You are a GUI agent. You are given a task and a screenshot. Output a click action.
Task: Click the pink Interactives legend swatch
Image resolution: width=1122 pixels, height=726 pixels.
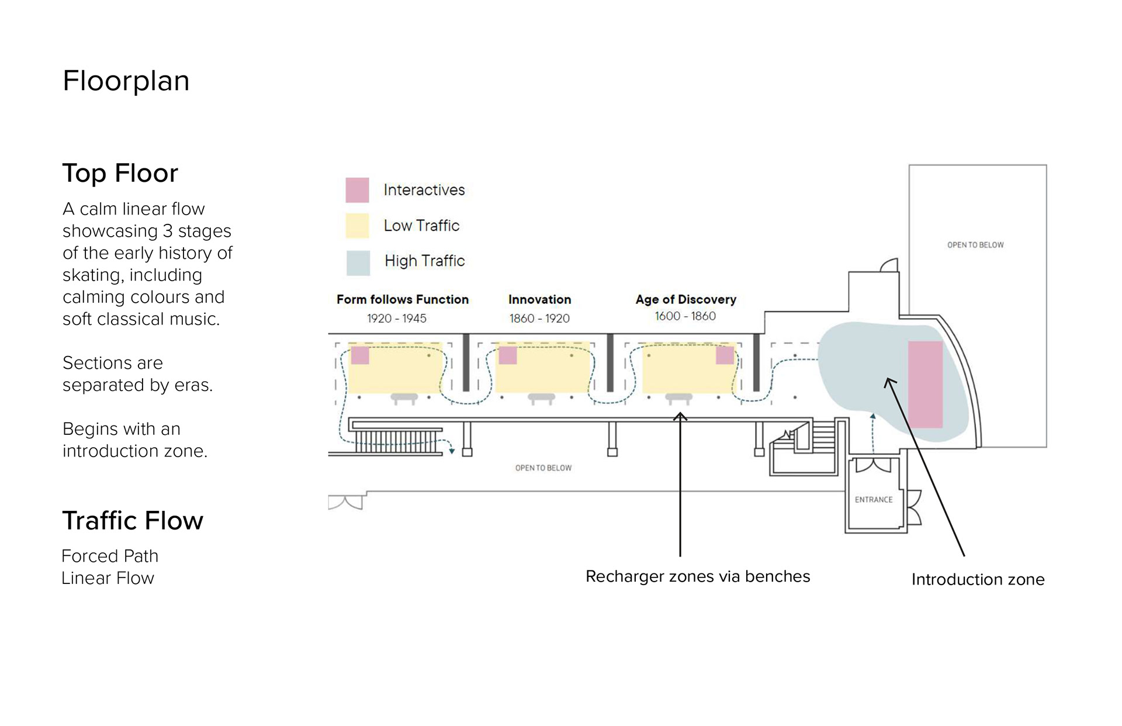(357, 190)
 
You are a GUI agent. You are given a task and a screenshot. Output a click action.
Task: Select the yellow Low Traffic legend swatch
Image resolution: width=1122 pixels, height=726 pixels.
(357, 226)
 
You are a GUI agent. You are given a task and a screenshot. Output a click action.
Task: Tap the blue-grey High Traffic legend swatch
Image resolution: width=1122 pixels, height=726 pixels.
(358, 263)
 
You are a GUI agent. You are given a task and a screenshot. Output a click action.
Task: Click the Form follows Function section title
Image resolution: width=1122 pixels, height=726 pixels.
(403, 299)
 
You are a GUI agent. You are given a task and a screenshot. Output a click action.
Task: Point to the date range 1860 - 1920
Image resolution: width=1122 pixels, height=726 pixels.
(539, 319)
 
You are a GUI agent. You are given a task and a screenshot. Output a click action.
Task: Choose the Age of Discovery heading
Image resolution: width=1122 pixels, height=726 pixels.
(686, 299)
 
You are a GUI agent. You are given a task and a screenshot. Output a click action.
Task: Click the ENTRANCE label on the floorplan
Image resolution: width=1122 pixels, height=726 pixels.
(874, 500)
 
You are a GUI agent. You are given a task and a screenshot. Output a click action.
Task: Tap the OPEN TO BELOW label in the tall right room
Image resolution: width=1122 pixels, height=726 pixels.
(975, 245)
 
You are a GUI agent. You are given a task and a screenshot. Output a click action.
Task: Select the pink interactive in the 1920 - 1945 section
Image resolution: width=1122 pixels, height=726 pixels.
(360, 355)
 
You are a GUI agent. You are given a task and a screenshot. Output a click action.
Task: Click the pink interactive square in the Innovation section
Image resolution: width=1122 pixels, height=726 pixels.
(508, 355)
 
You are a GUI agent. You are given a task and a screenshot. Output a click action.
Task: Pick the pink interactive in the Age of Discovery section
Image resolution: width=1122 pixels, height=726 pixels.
(725, 355)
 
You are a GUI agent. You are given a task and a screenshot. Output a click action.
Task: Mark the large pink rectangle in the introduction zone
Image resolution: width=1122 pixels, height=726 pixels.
(925, 385)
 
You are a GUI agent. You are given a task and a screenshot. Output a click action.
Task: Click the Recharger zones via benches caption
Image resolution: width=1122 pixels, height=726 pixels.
(698, 576)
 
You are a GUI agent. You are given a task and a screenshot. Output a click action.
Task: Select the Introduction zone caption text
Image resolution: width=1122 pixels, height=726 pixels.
(978, 579)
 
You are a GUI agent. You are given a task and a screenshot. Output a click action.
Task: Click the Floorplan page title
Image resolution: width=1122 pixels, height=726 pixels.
(126, 81)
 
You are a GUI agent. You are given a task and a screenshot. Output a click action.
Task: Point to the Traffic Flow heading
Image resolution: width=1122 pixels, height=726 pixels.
(133, 520)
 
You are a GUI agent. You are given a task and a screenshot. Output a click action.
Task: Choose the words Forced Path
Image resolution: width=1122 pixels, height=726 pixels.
(110, 556)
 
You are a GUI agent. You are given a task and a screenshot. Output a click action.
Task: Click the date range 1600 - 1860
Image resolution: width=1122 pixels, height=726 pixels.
(685, 316)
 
